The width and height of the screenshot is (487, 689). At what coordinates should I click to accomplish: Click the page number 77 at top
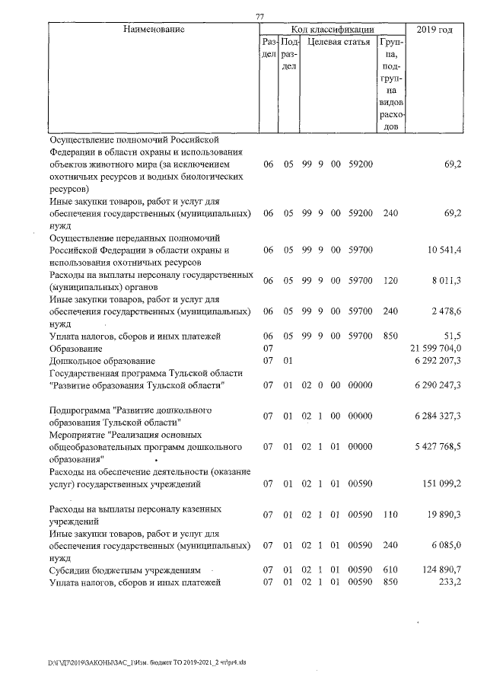click(259, 17)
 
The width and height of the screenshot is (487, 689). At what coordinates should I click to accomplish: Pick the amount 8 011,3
click(447, 280)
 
